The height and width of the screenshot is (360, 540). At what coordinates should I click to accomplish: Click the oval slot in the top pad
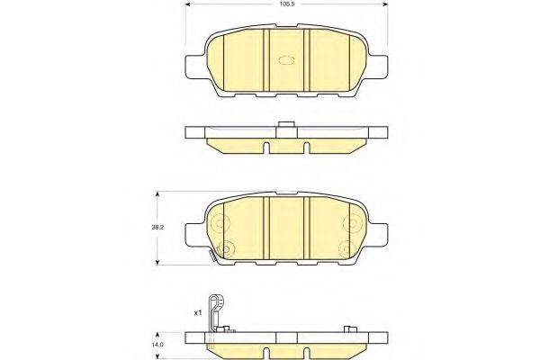point(290,61)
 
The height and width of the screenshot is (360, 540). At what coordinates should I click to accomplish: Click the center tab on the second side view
point(287,125)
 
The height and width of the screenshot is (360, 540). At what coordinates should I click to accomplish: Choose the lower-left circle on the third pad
point(226,249)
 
